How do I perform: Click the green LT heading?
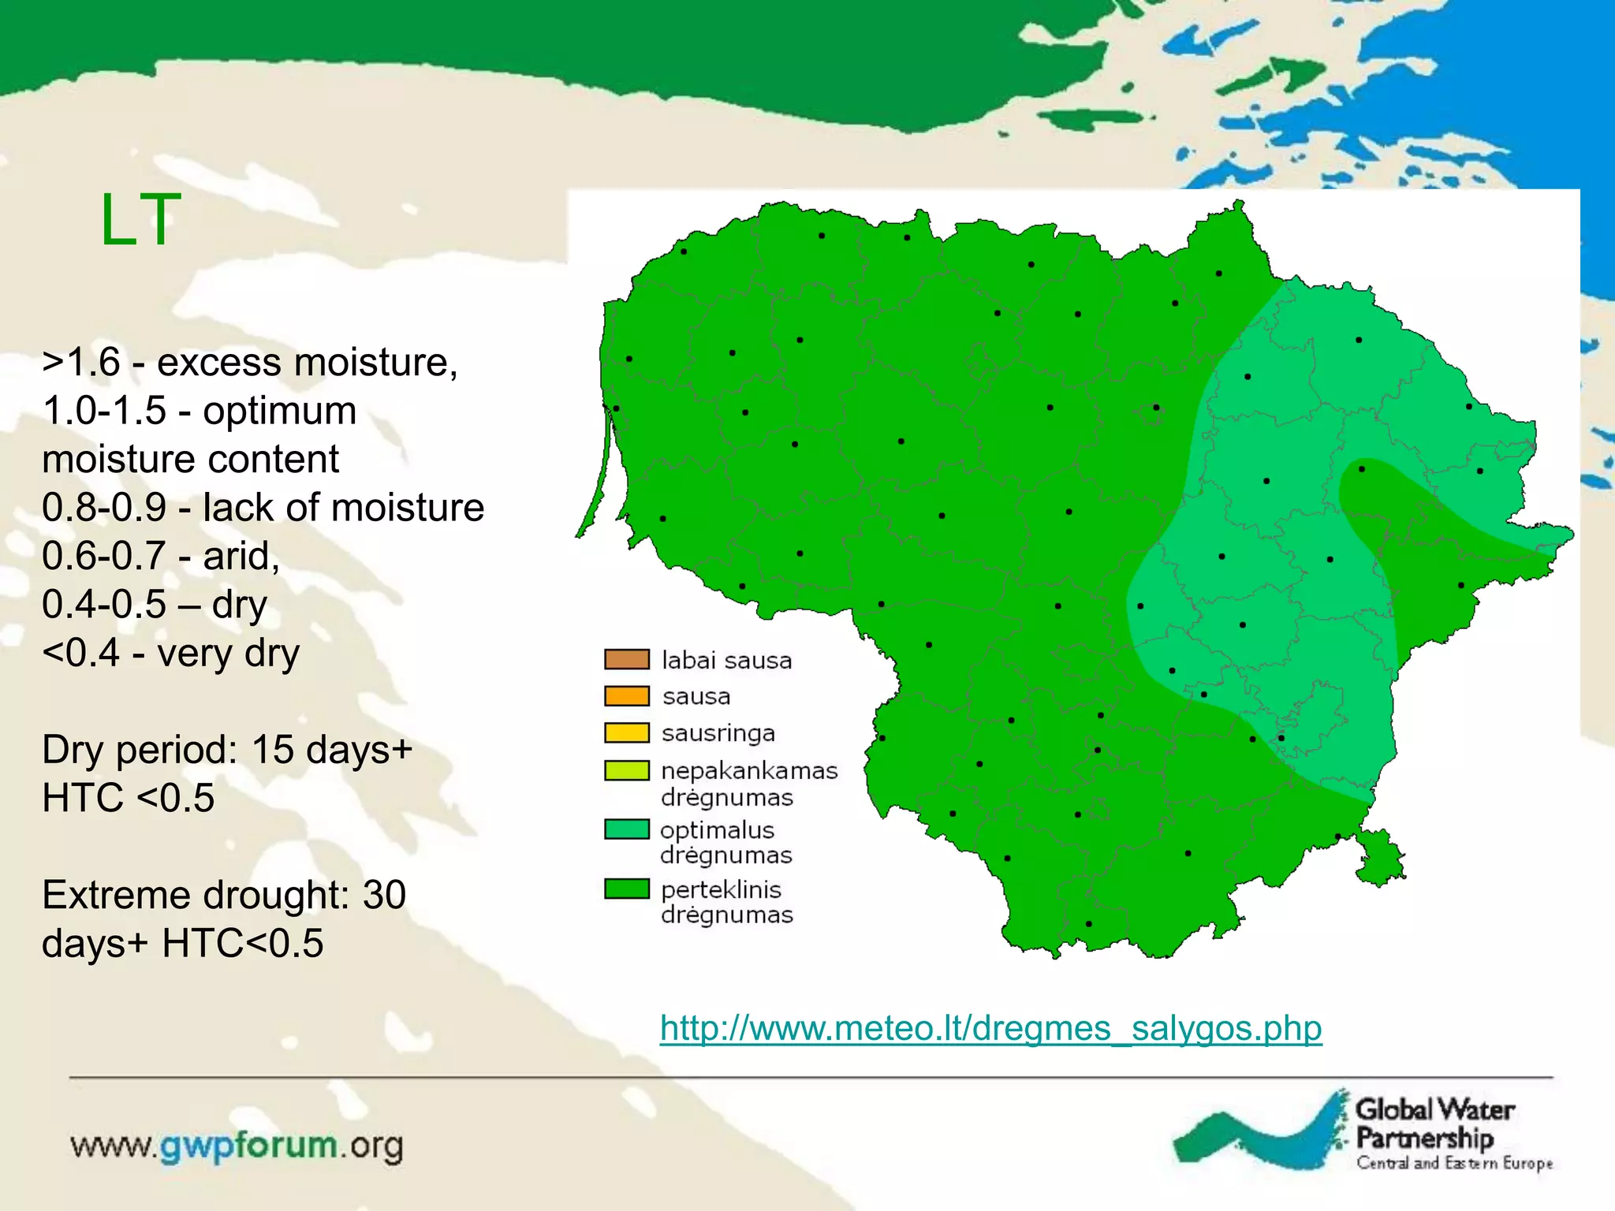click(x=140, y=220)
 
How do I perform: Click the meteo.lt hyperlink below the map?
click(x=990, y=1028)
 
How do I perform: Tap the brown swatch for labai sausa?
click(x=627, y=659)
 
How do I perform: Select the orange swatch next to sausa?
click(x=627, y=695)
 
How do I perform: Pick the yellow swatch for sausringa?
click(x=627, y=732)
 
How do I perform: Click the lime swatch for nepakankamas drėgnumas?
click(x=627, y=770)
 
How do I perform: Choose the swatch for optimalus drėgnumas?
click(x=627, y=829)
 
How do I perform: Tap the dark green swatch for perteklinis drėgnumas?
click(x=627, y=889)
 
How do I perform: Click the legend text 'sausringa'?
click(x=718, y=733)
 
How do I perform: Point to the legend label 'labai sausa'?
click(x=726, y=660)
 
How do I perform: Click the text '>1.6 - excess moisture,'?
click(x=250, y=363)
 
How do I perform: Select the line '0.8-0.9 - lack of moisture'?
click(x=263, y=508)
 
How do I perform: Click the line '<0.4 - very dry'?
click(x=171, y=653)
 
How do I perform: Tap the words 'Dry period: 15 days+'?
click(x=227, y=749)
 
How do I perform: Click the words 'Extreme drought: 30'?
click(x=224, y=895)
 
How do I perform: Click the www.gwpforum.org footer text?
click(x=237, y=1146)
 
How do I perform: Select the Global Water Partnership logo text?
click(x=1433, y=1123)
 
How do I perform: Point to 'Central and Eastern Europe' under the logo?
click(x=1454, y=1163)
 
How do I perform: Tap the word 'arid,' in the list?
click(x=241, y=556)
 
